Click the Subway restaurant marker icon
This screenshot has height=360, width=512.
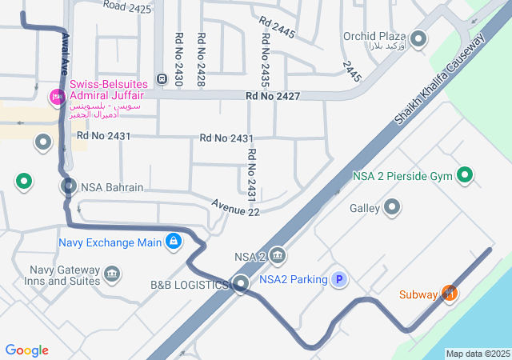click(x=449, y=294)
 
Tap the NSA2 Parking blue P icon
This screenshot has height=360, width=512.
click(x=339, y=279)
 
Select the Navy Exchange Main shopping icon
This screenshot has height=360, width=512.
click(x=173, y=241)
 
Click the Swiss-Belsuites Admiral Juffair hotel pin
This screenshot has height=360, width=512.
click(x=57, y=98)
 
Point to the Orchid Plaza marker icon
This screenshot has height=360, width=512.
click(x=418, y=38)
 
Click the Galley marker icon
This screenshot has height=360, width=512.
click(x=392, y=208)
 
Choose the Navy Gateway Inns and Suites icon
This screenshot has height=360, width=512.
click(x=112, y=275)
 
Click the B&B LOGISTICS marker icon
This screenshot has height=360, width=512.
click(x=241, y=284)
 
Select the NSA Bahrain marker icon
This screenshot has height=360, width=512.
click(x=69, y=187)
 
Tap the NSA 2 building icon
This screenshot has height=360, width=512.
click(x=278, y=256)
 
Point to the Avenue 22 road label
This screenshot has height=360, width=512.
click(x=236, y=207)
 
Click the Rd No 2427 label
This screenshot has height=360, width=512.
click(x=274, y=96)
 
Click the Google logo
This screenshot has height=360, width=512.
click(x=27, y=350)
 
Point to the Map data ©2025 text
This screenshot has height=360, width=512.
click(x=478, y=354)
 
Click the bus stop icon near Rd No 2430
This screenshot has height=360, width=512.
click(x=162, y=78)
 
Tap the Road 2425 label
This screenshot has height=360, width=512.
click(x=127, y=7)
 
